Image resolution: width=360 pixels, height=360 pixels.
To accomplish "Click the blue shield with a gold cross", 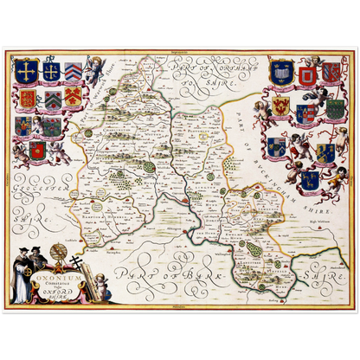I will [27, 73].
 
